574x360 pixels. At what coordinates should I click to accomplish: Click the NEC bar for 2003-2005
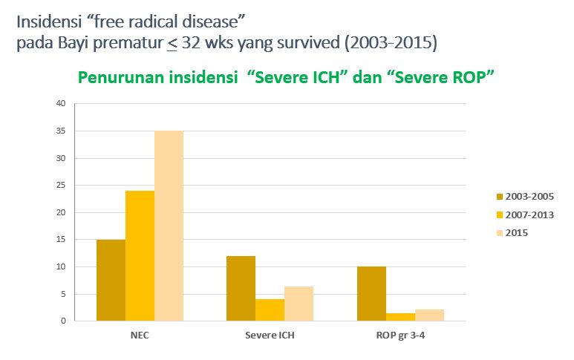pyautogui.click(x=110, y=280)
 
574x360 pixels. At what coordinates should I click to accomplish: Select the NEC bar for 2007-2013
pyautogui.click(x=140, y=255)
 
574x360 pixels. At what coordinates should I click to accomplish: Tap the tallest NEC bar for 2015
pyautogui.click(x=169, y=226)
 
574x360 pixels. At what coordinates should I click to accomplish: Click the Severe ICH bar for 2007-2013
pyautogui.click(x=270, y=310)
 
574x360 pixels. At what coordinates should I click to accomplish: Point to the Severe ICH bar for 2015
pyautogui.click(x=299, y=304)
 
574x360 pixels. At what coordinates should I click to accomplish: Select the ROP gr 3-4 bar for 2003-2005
pyautogui.click(x=371, y=293)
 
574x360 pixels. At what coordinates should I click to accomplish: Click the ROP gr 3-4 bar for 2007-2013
pyautogui.click(x=400, y=317)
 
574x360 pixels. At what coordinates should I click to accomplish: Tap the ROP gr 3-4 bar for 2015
pyautogui.click(x=429, y=315)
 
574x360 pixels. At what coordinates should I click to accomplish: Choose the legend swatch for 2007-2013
pyautogui.click(x=500, y=215)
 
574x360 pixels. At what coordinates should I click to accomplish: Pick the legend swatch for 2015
pyautogui.click(x=500, y=233)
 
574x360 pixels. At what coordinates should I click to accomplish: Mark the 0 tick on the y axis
pyautogui.click(x=62, y=321)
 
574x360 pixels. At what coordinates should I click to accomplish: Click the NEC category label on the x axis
pyautogui.click(x=140, y=335)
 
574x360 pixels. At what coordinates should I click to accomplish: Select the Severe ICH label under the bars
pyautogui.click(x=270, y=335)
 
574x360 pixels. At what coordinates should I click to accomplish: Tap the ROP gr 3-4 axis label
pyautogui.click(x=400, y=335)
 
